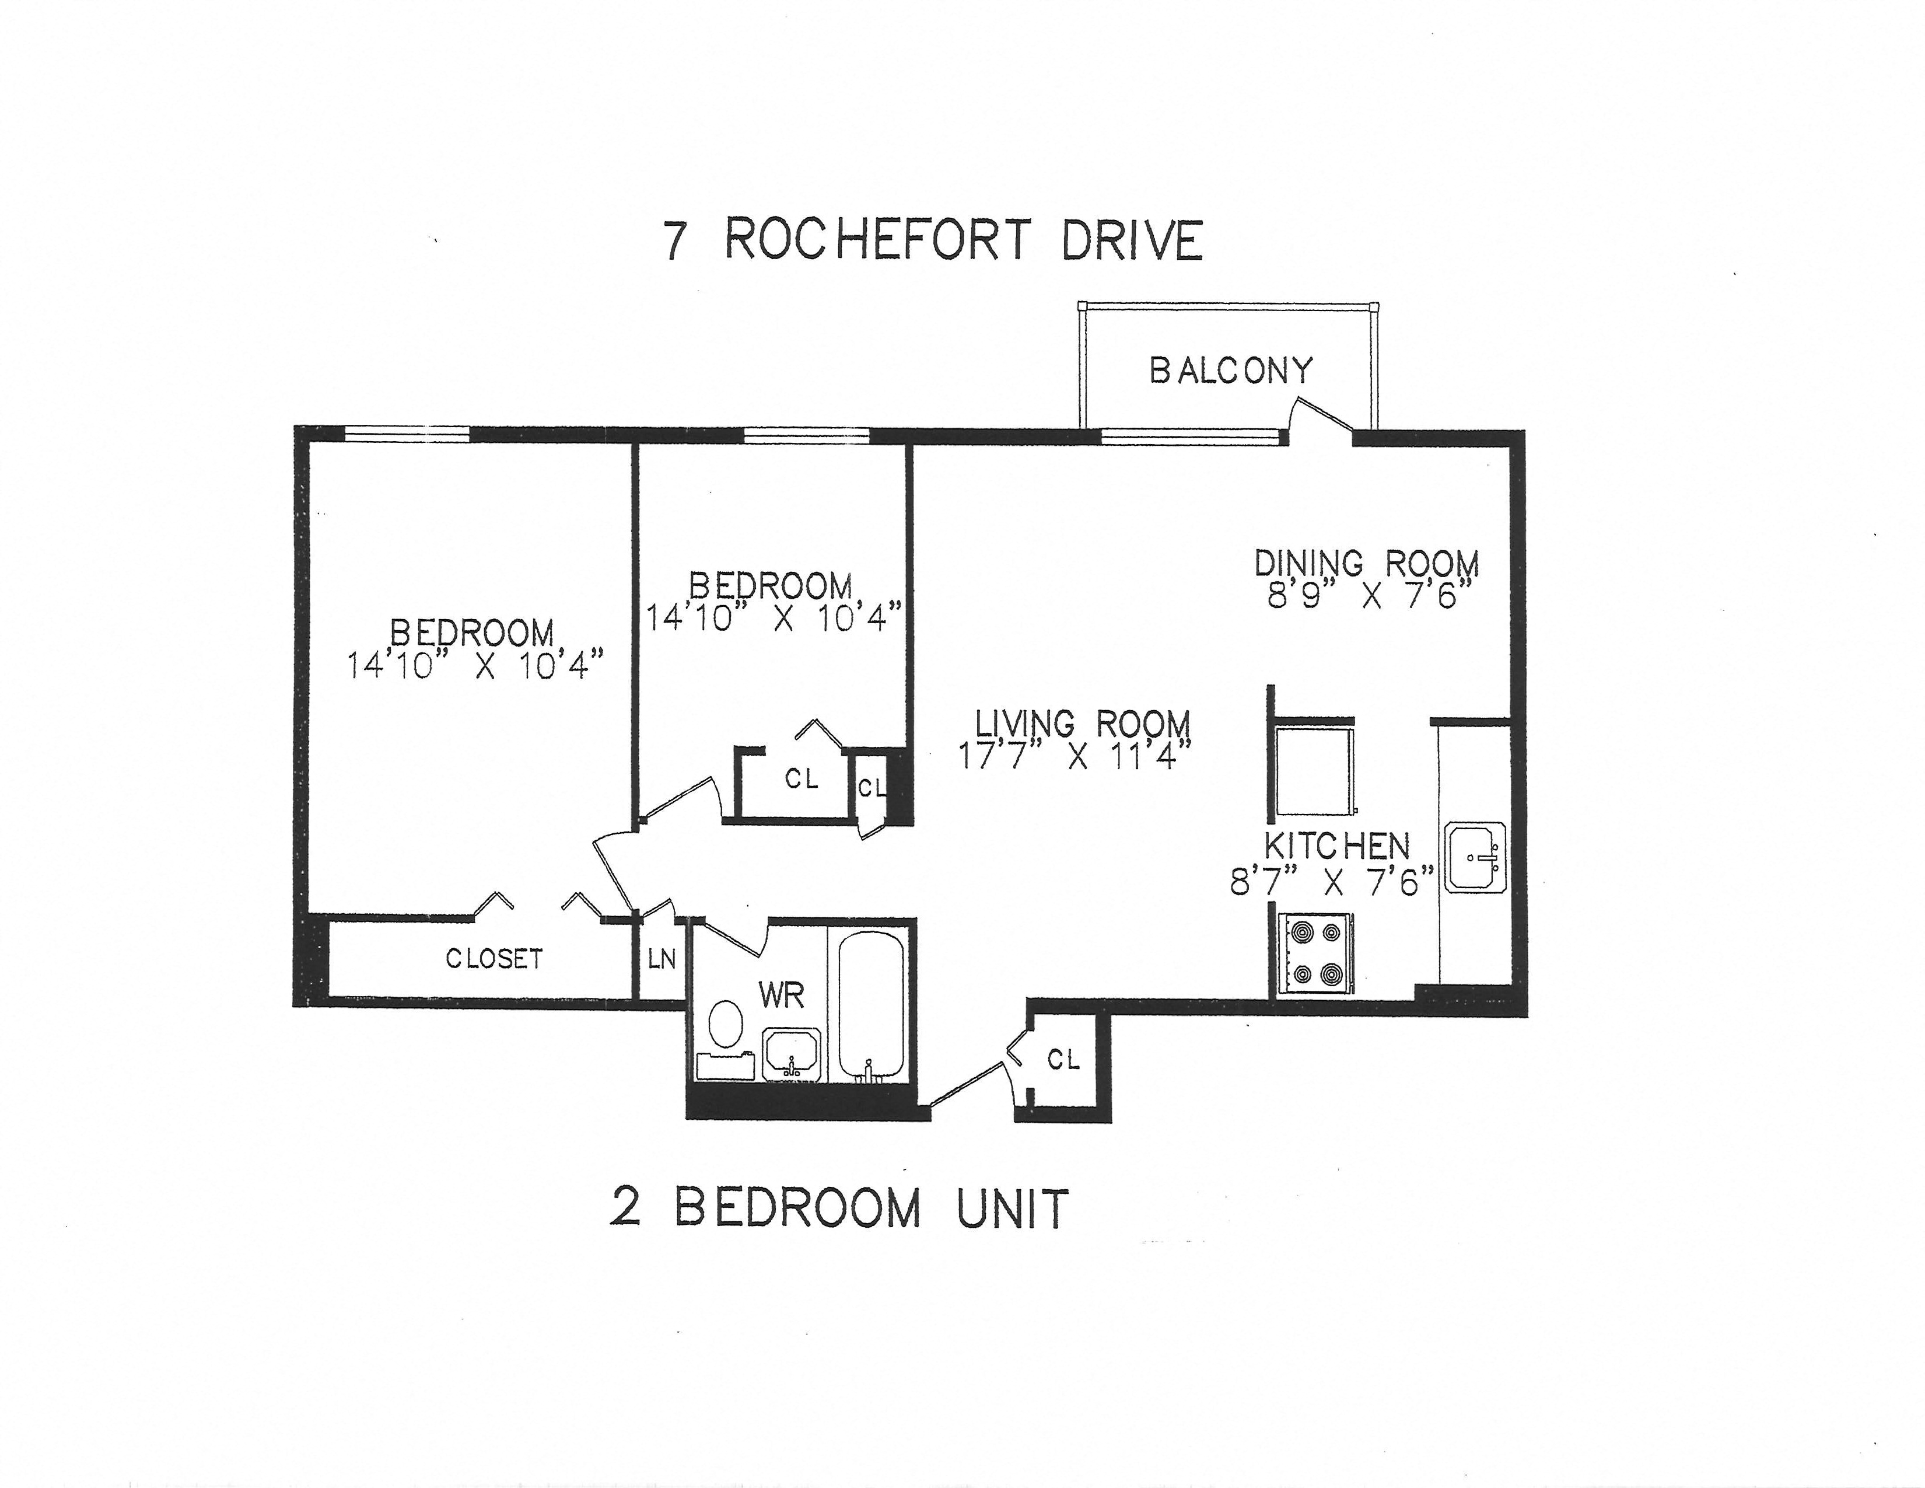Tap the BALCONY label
[1230, 370]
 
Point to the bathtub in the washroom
[870, 1004]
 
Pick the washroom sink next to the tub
[792, 1054]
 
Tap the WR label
[781, 996]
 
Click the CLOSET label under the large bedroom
[494, 958]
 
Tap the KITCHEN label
[1337, 846]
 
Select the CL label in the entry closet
[1063, 1060]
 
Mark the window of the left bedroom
[407, 433]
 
